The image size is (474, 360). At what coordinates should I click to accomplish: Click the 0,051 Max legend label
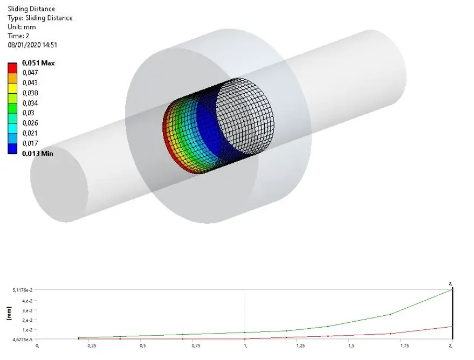click(x=38, y=63)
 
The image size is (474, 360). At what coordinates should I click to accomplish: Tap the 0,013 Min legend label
click(x=38, y=154)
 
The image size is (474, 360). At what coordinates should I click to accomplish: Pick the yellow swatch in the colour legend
click(x=12, y=88)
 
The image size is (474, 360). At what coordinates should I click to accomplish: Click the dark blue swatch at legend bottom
click(x=12, y=149)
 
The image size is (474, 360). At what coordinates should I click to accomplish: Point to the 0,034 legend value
click(x=30, y=103)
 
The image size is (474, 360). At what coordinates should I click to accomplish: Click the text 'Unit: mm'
click(x=22, y=27)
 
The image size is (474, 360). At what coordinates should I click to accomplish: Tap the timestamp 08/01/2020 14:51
click(x=32, y=45)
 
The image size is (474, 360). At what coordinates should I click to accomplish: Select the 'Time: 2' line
click(x=18, y=36)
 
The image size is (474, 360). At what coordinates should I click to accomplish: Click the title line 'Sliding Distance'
click(x=31, y=9)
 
